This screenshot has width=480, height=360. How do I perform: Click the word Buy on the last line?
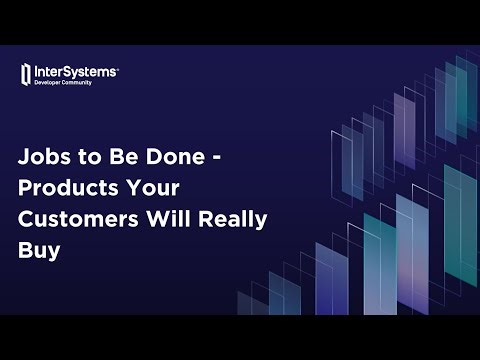pos(38,252)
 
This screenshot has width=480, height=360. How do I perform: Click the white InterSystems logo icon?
pos(26,73)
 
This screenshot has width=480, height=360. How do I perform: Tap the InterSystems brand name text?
pos(75,71)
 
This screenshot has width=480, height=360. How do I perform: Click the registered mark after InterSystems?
pos(118,68)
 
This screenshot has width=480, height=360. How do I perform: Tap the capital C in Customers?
pos(27,220)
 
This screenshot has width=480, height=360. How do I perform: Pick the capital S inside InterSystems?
pos(67,71)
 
